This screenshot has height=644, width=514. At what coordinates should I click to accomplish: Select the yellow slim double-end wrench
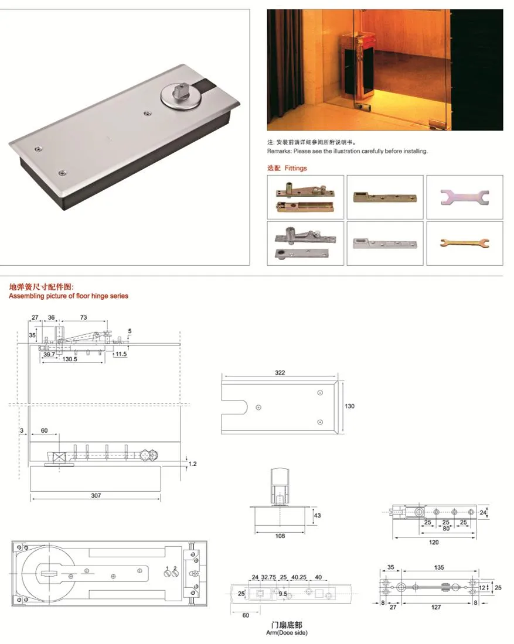[x=464, y=242]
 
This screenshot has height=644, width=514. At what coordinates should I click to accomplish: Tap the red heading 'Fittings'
[x=296, y=168]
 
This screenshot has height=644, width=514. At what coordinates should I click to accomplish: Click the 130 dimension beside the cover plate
[x=350, y=406]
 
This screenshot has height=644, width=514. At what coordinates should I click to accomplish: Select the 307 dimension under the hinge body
[x=96, y=495]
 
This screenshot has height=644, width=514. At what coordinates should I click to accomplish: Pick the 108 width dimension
[x=280, y=536]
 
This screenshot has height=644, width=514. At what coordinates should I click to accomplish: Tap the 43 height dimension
[x=317, y=515]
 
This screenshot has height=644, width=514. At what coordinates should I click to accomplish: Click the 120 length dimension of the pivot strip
[x=433, y=542]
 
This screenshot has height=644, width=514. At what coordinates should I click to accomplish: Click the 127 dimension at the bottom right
[x=436, y=607]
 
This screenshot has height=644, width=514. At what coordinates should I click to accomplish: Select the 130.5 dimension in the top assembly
[x=70, y=359]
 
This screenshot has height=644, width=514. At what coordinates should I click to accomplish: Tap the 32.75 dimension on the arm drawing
[x=268, y=577]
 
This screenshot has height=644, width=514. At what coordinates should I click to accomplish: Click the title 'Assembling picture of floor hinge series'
[x=69, y=296]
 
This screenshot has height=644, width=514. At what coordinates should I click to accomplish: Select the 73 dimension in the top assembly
[x=84, y=317]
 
